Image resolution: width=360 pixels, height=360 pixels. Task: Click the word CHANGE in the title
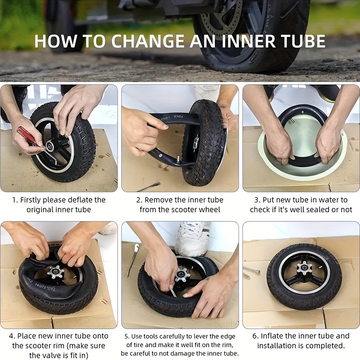(x=148, y=41)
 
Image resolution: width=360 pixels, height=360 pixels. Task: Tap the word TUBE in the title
(x=302, y=41)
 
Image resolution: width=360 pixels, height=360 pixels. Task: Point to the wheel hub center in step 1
(x=49, y=145)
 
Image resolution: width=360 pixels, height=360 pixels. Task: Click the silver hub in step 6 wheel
(x=304, y=268)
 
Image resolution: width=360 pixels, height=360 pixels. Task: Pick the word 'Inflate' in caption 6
(x=272, y=336)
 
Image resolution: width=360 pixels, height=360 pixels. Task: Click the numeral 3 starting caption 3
(x=256, y=200)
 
